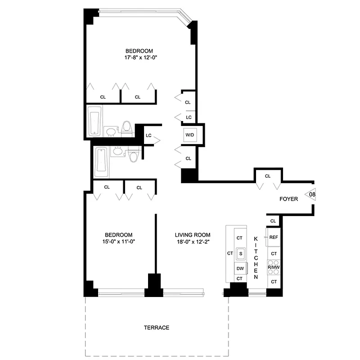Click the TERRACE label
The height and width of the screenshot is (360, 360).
click(x=157, y=328)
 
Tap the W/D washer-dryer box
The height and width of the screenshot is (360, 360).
click(x=189, y=135)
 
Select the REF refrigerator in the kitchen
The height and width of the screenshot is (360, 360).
click(x=274, y=237)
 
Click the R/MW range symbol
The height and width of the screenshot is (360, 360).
click(x=274, y=267)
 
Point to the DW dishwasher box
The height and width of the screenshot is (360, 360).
click(x=240, y=269)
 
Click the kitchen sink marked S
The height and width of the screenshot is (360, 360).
click(x=240, y=254)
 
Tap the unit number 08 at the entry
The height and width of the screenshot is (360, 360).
click(x=311, y=194)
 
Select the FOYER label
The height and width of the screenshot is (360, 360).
click(x=288, y=199)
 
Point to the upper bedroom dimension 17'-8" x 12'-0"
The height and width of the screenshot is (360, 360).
click(x=139, y=58)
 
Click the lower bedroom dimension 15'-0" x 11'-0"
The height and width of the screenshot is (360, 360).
click(x=118, y=242)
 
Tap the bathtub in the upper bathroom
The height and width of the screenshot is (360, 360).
click(x=95, y=121)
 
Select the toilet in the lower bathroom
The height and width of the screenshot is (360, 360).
click(x=133, y=155)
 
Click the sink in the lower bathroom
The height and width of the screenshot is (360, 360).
click(x=117, y=151)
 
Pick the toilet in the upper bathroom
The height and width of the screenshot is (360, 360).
click(x=126, y=129)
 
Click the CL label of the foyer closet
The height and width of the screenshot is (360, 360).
click(x=268, y=176)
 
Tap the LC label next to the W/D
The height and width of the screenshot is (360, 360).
click(x=189, y=117)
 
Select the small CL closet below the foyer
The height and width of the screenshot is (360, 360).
click(x=273, y=220)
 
